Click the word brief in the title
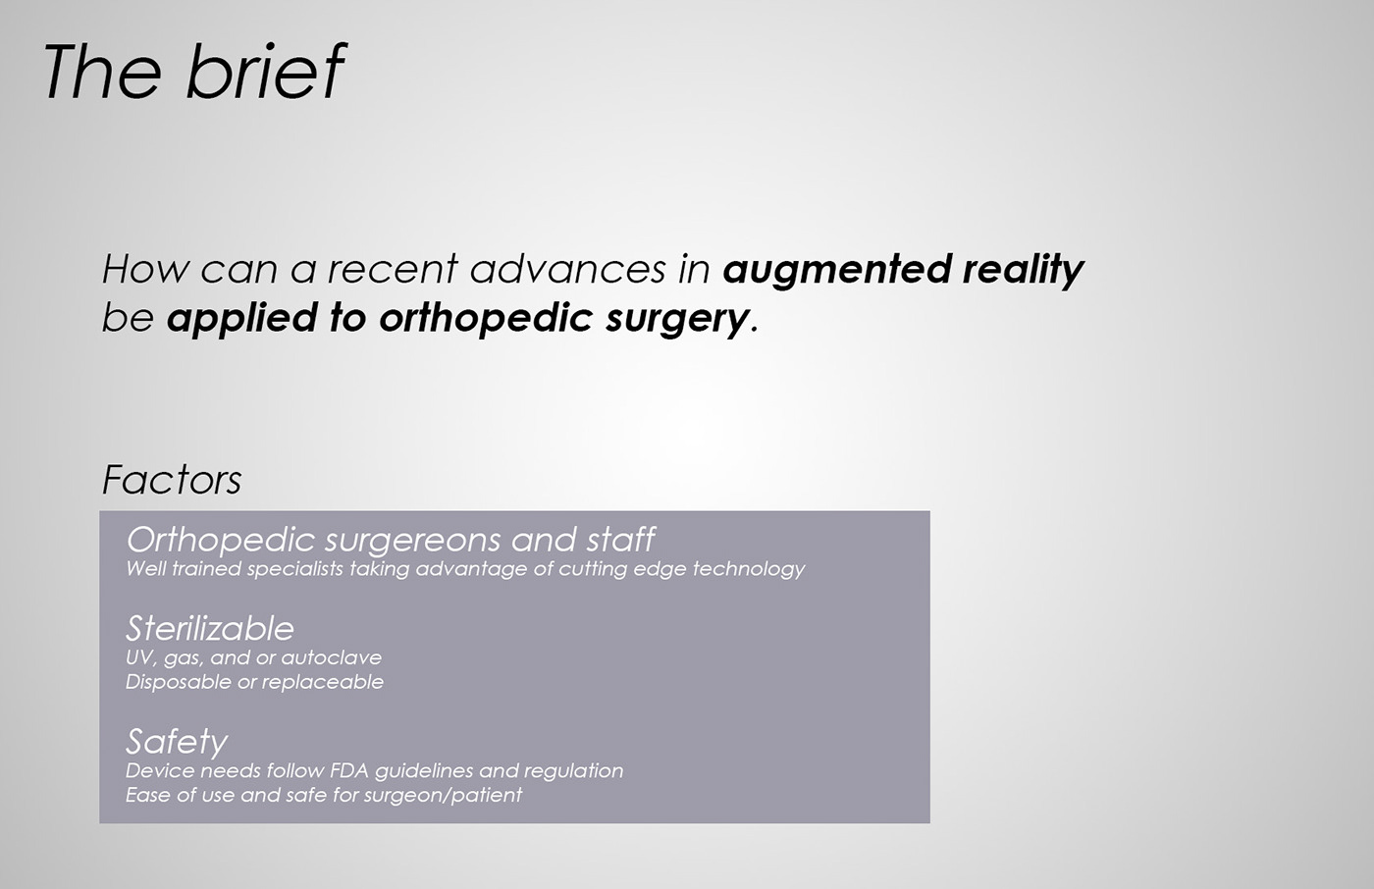[266, 71]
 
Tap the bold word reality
[1023, 271]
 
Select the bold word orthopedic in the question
[486, 319]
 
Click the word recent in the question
[393, 270]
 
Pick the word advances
[567, 269]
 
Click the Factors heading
[172, 480]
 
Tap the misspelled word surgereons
[411, 542]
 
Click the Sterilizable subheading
[210, 628]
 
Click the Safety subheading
[177, 743]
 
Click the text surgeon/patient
[443, 796]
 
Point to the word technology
[749, 569]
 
